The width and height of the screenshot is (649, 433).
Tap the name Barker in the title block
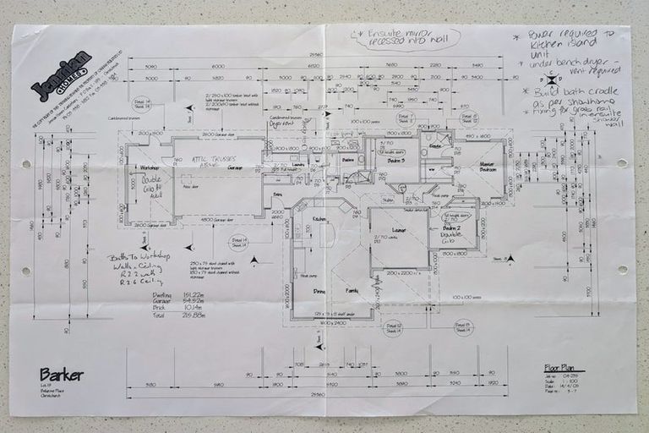tap(61, 373)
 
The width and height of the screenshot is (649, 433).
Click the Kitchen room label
tap(296, 219)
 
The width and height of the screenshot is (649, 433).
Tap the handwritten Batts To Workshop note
tap(139, 256)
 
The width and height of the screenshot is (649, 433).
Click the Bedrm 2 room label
tap(451, 229)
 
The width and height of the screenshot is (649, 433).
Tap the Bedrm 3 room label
tap(396, 161)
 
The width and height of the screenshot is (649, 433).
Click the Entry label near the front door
tap(277, 194)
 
